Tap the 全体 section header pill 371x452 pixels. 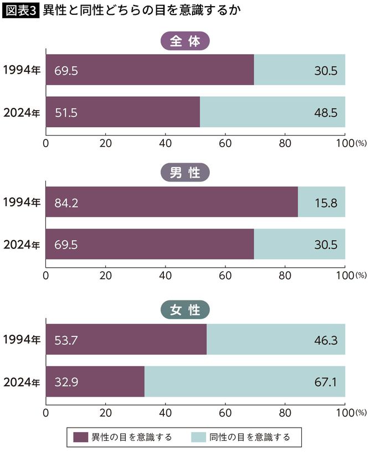(x=185, y=41)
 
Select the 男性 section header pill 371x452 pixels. (x=185, y=174)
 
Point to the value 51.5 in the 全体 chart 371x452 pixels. (x=66, y=112)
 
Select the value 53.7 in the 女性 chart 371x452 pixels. (x=66, y=339)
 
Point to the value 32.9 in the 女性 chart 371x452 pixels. (x=66, y=382)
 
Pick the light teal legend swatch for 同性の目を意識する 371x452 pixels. (x=197, y=437)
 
